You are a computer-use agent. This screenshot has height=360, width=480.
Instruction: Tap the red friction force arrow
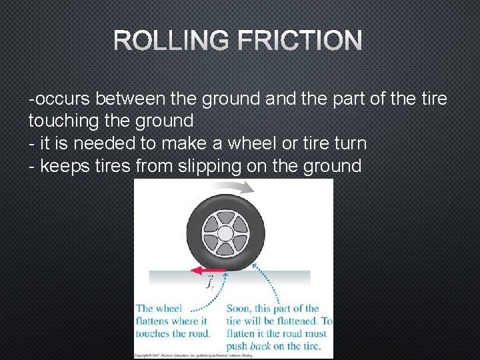click(x=205, y=271)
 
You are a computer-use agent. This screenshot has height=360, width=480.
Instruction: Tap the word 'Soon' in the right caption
click(x=238, y=308)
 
